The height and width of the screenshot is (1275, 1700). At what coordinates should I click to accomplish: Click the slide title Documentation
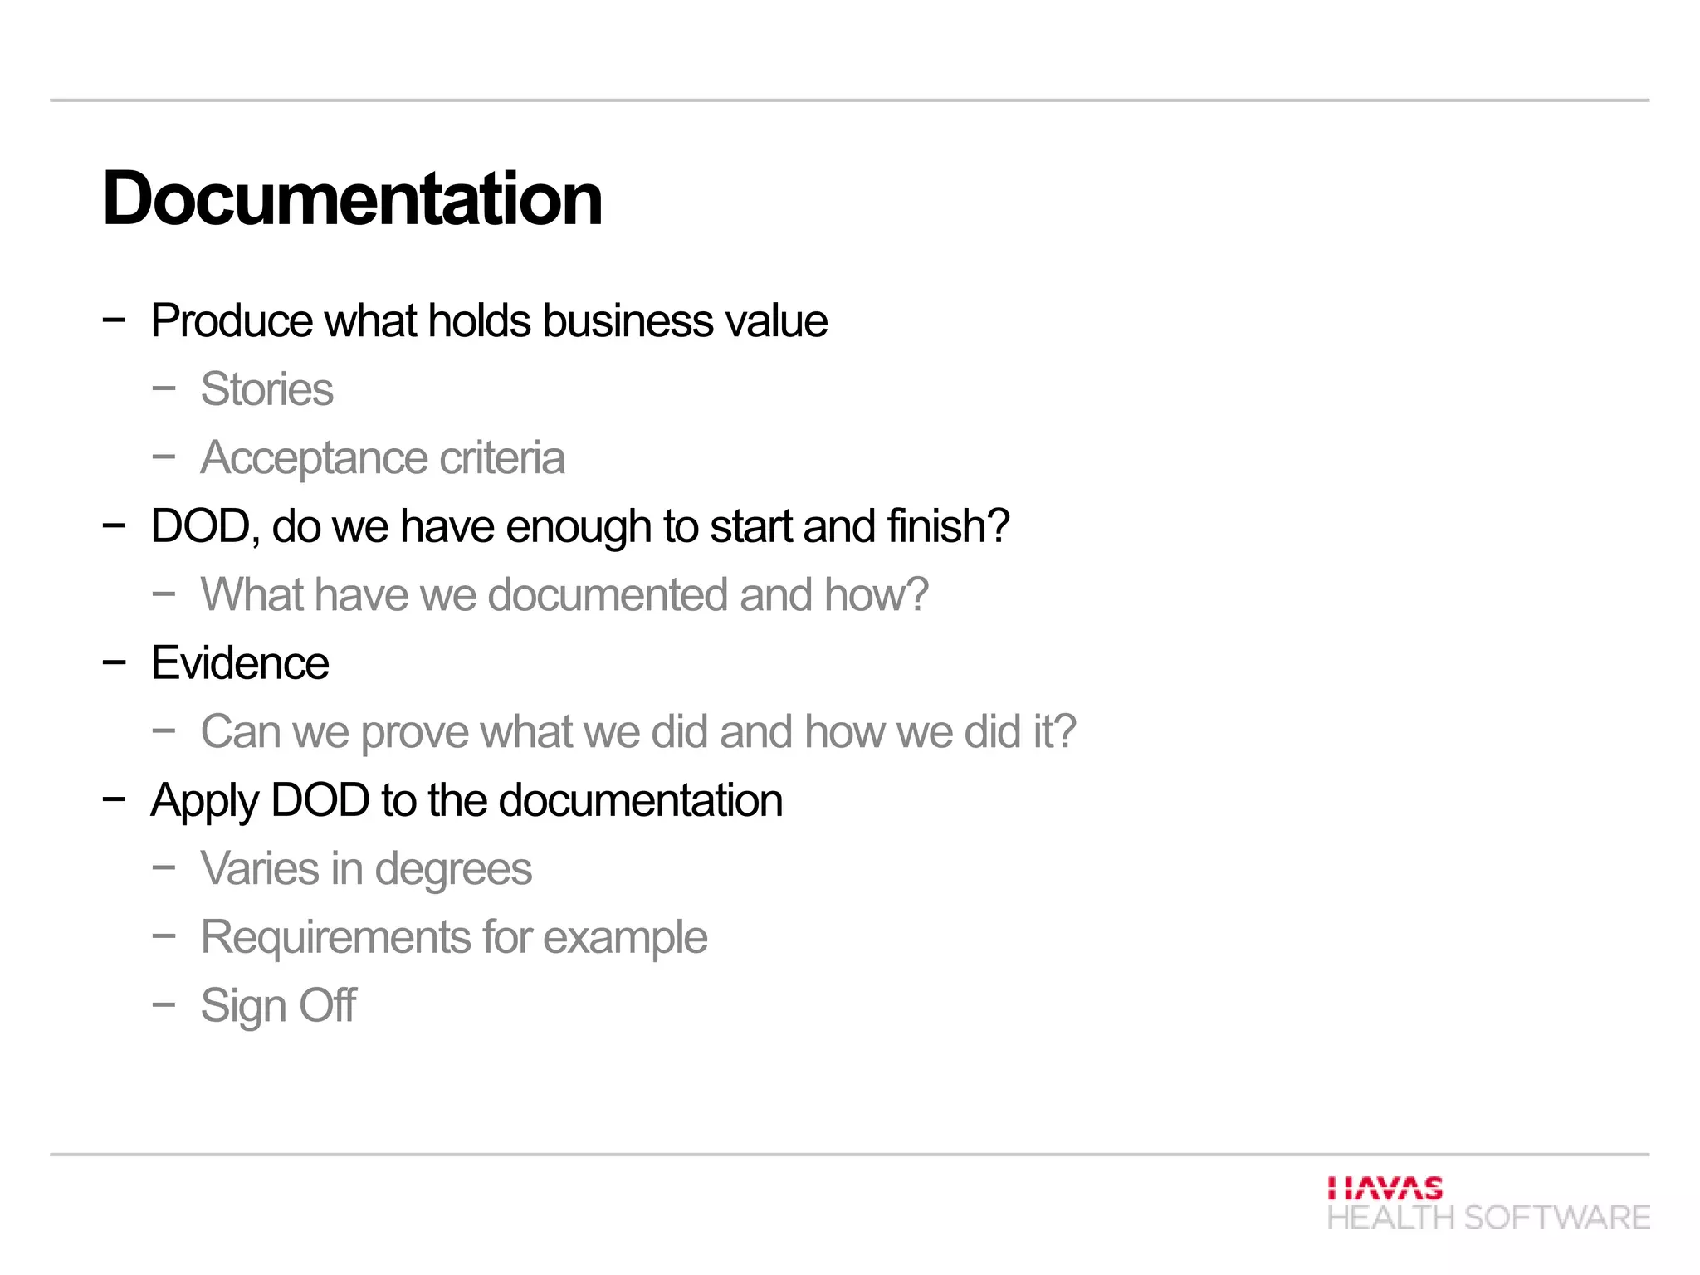coord(352,199)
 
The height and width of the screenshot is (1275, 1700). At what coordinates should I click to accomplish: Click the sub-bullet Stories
coord(266,389)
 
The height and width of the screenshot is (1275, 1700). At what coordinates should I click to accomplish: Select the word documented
coord(608,595)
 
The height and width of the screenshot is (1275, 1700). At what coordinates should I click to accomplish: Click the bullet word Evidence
coord(240,663)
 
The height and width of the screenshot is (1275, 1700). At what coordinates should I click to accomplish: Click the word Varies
coord(260,869)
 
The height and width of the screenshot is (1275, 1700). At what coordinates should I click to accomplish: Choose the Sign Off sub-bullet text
coord(278,1006)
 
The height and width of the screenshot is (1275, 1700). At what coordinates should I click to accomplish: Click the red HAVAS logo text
coord(1385,1189)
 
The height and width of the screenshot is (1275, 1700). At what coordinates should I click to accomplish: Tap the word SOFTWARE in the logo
coord(1556,1218)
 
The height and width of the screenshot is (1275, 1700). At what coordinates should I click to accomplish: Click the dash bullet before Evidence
coord(114,662)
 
